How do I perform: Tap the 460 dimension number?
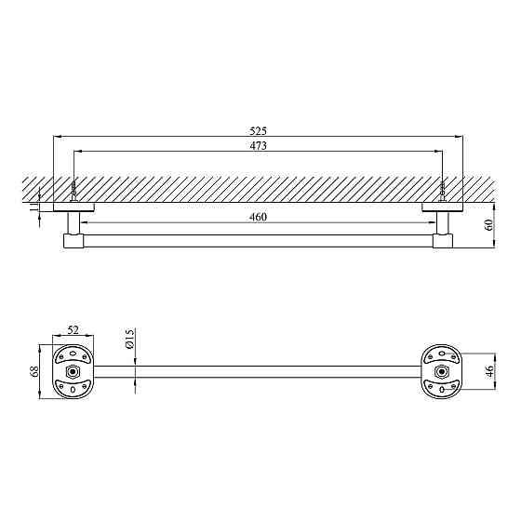click(x=259, y=218)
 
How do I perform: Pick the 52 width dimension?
click(x=73, y=330)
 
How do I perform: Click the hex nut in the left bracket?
click(x=73, y=372)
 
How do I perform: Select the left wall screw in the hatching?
click(x=73, y=192)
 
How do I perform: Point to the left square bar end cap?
click(x=73, y=242)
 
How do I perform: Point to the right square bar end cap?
click(x=445, y=242)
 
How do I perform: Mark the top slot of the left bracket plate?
click(x=73, y=354)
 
